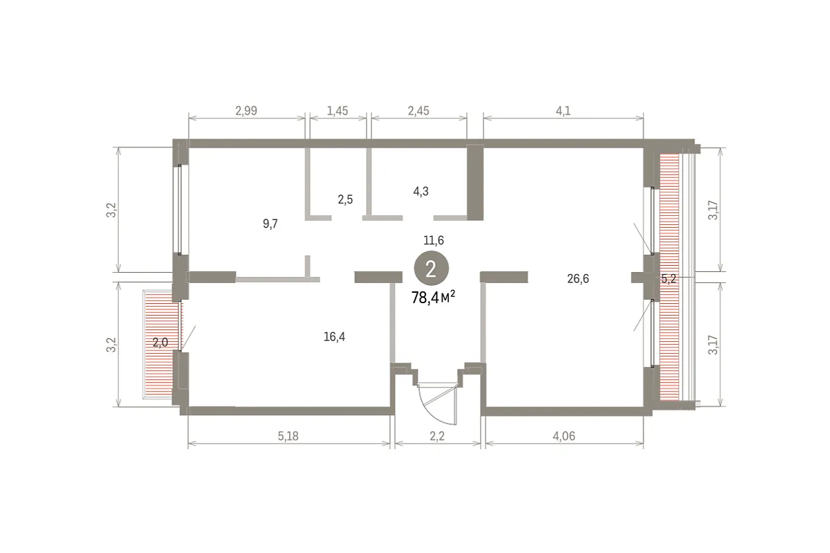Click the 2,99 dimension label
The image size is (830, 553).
(246, 111)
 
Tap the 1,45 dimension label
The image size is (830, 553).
(338, 111)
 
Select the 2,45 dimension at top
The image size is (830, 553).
(418, 111)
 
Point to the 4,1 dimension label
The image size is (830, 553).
(563, 111)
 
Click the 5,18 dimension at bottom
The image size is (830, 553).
(288, 436)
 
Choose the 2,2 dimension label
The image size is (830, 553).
(437, 436)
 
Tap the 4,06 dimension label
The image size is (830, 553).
(564, 436)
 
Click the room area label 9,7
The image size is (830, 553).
(270, 224)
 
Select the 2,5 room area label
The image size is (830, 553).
(345, 199)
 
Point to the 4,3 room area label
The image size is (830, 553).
(421, 191)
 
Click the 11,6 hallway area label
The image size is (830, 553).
(434, 240)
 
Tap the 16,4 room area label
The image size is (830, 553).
(334, 336)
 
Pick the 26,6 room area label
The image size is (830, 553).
(578, 278)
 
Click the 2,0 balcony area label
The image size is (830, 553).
(160, 343)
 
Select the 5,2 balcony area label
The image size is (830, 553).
(668, 278)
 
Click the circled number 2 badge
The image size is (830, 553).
(432, 268)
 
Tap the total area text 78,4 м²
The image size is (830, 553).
(433, 298)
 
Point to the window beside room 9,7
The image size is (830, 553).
(180, 210)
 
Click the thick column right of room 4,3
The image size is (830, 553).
(475, 183)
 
